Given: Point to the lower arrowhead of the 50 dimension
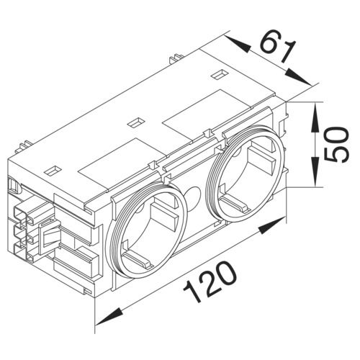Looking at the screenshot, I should [315, 179].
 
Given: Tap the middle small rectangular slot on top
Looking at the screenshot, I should [134, 122].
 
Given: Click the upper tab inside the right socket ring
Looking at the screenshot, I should [255, 150].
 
